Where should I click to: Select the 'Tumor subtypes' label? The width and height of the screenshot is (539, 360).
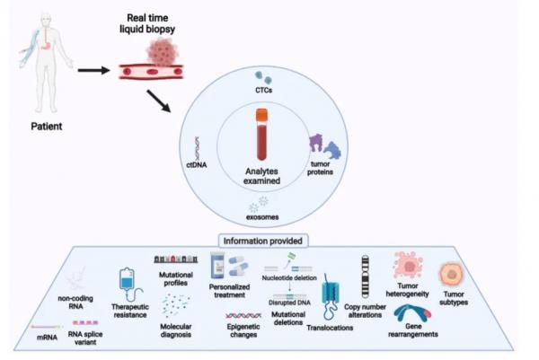(x=456, y=302)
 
